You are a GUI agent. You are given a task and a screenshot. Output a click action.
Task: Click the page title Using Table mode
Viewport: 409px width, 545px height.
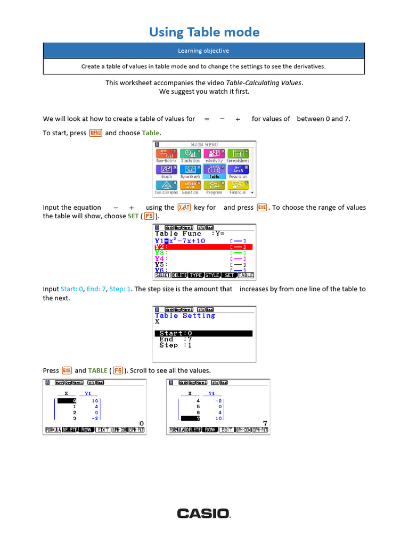click(x=204, y=32)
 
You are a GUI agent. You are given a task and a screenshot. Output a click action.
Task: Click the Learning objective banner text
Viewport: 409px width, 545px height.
click(x=204, y=51)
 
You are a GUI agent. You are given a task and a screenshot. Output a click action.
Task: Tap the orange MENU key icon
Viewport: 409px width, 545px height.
click(x=96, y=133)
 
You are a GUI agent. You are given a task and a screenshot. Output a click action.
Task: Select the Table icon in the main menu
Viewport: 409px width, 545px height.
click(x=214, y=171)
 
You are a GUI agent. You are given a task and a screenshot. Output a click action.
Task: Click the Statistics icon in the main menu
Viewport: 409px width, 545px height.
click(x=190, y=155)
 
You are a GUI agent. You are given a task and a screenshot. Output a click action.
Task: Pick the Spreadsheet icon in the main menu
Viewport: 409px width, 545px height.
click(x=238, y=155)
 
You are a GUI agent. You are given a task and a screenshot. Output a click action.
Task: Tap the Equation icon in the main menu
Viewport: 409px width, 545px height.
click(x=190, y=186)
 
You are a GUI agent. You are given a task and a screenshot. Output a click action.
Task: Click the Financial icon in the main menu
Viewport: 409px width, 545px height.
click(x=238, y=186)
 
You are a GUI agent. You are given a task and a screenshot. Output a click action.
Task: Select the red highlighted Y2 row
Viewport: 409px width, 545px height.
click(x=203, y=247)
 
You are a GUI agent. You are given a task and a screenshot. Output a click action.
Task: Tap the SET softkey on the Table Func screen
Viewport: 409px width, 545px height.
click(x=229, y=276)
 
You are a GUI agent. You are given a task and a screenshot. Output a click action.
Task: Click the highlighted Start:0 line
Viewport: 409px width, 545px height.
click(x=203, y=333)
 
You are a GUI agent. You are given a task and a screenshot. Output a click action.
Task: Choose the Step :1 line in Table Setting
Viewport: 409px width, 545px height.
click(x=176, y=345)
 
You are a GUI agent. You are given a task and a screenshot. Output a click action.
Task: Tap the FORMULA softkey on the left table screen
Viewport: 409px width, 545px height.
click(x=53, y=430)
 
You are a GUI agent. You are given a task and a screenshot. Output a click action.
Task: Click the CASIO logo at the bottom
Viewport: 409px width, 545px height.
click(x=204, y=513)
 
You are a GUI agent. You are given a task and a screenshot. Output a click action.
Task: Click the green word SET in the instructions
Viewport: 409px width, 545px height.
click(x=133, y=217)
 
